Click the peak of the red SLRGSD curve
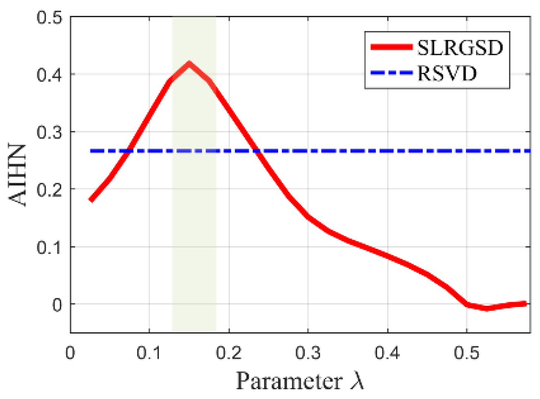point(189,64)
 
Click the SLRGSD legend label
point(460,48)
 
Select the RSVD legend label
point(447,74)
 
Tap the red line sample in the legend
point(391,47)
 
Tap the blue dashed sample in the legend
point(391,73)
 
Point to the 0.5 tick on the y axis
point(49,18)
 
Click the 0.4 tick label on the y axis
point(49,75)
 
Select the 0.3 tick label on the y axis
point(49,132)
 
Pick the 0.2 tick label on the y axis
point(49,190)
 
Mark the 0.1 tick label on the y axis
point(49,247)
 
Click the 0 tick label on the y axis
point(57,305)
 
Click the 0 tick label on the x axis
point(70,353)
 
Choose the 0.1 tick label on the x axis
point(149,353)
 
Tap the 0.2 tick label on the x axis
point(228,353)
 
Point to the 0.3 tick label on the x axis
point(308,353)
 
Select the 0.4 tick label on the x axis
point(387,353)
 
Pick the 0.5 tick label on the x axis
point(467,353)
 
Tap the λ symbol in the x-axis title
point(357,381)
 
